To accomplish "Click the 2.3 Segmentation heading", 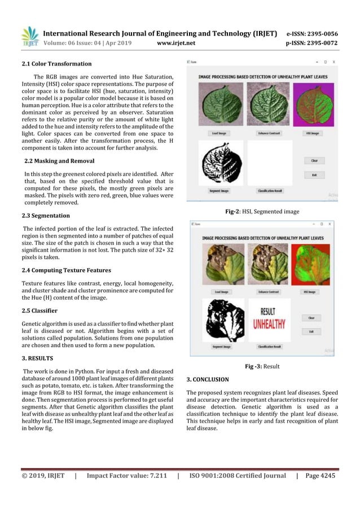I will pos(46,216).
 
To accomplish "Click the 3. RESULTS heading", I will pos(37,358).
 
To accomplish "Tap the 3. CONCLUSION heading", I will pos(207,379).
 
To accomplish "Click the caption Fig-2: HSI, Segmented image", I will pos(262,212).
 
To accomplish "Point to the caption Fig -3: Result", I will pos(262,366).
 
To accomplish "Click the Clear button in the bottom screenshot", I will pos(311,318).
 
